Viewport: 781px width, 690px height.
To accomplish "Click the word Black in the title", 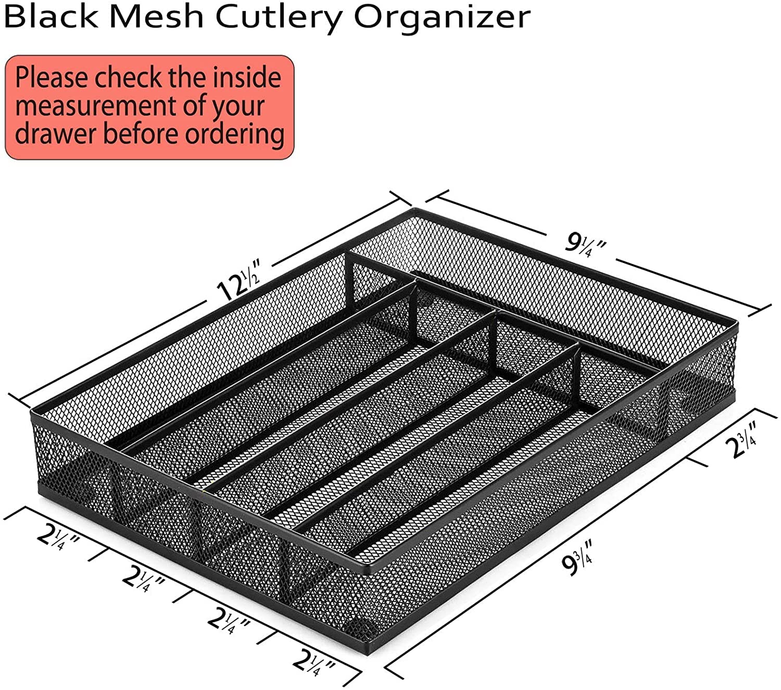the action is pyautogui.click(x=51, y=17).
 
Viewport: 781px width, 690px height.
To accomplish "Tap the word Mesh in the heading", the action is pyautogui.click(x=159, y=17).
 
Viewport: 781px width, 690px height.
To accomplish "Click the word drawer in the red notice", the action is pyautogui.click(x=56, y=133).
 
